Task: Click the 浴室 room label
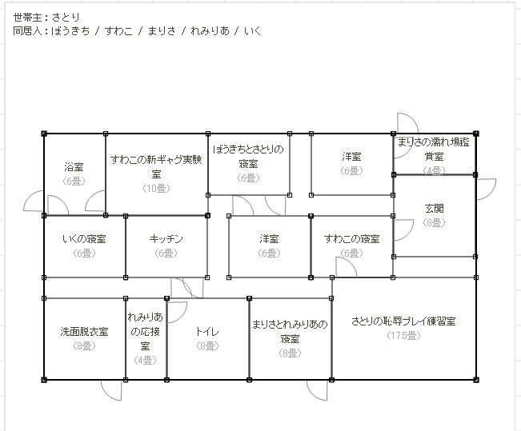click(x=74, y=166)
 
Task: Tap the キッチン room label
click(x=166, y=239)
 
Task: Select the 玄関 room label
click(x=434, y=209)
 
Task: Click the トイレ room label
click(x=207, y=331)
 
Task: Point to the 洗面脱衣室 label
click(x=83, y=331)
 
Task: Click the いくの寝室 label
click(x=84, y=239)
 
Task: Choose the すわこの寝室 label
click(x=351, y=239)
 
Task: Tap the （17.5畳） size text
click(x=403, y=336)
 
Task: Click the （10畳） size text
click(x=156, y=188)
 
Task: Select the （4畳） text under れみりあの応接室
click(x=146, y=360)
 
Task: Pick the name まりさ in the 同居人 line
click(x=162, y=31)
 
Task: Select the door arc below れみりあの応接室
click(x=111, y=389)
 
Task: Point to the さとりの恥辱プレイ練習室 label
click(x=403, y=321)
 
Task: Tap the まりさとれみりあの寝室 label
click(x=290, y=331)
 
